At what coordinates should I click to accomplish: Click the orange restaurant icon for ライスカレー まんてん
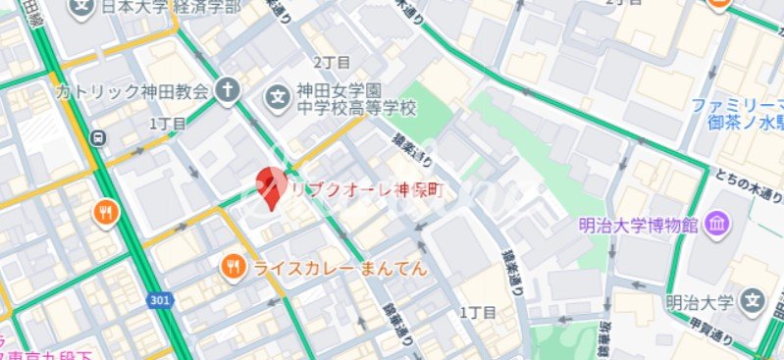(233, 266)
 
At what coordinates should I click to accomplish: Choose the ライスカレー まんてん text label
(340, 267)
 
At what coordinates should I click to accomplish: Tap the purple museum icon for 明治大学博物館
(716, 224)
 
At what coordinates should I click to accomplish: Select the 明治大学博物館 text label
(638, 225)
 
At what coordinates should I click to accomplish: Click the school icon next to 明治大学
(754, 301)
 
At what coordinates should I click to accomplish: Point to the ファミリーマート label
(738, 105)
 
